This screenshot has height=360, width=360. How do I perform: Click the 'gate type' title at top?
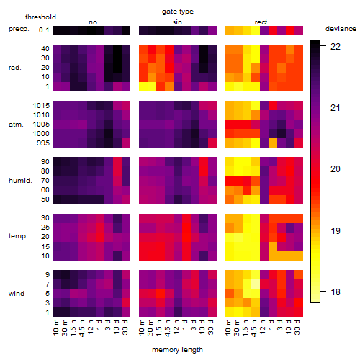[x=178, y=12]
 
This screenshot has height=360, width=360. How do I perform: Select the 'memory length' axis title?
[x=177, y=350]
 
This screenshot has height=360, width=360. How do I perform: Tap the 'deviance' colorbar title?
[x=341, y=29]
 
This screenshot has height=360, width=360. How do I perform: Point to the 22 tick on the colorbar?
[x=323, y=45]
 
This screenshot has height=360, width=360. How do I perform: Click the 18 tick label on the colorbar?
[x=336, y=292]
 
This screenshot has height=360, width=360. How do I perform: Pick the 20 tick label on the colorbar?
[x=336, y=169]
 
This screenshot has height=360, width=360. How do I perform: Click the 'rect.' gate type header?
[x=261, y=22]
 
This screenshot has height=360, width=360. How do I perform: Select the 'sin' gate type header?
[x=177, y=22]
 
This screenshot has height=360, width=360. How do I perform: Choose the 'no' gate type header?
[x=93, y=22]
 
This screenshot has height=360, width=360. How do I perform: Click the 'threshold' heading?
[x=40, y=17]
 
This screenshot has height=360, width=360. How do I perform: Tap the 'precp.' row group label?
[x=19, y=29]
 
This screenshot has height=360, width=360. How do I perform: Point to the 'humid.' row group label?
[x=20, y=181]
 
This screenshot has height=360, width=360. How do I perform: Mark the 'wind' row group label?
[x=17, y=294]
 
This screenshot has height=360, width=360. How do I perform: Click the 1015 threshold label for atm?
[x=41, y=106]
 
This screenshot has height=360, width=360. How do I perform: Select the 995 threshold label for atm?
[x=43, y=143]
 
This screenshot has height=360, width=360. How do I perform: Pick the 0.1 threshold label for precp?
[x=44, y=30]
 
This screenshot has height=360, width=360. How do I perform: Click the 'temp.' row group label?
[x=18, y=236]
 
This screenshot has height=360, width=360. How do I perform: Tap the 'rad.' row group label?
[x=15, y=68]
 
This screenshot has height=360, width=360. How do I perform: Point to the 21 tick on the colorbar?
[x=323, y=107]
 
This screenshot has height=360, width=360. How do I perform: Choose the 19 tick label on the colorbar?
[x=336, y=231]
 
